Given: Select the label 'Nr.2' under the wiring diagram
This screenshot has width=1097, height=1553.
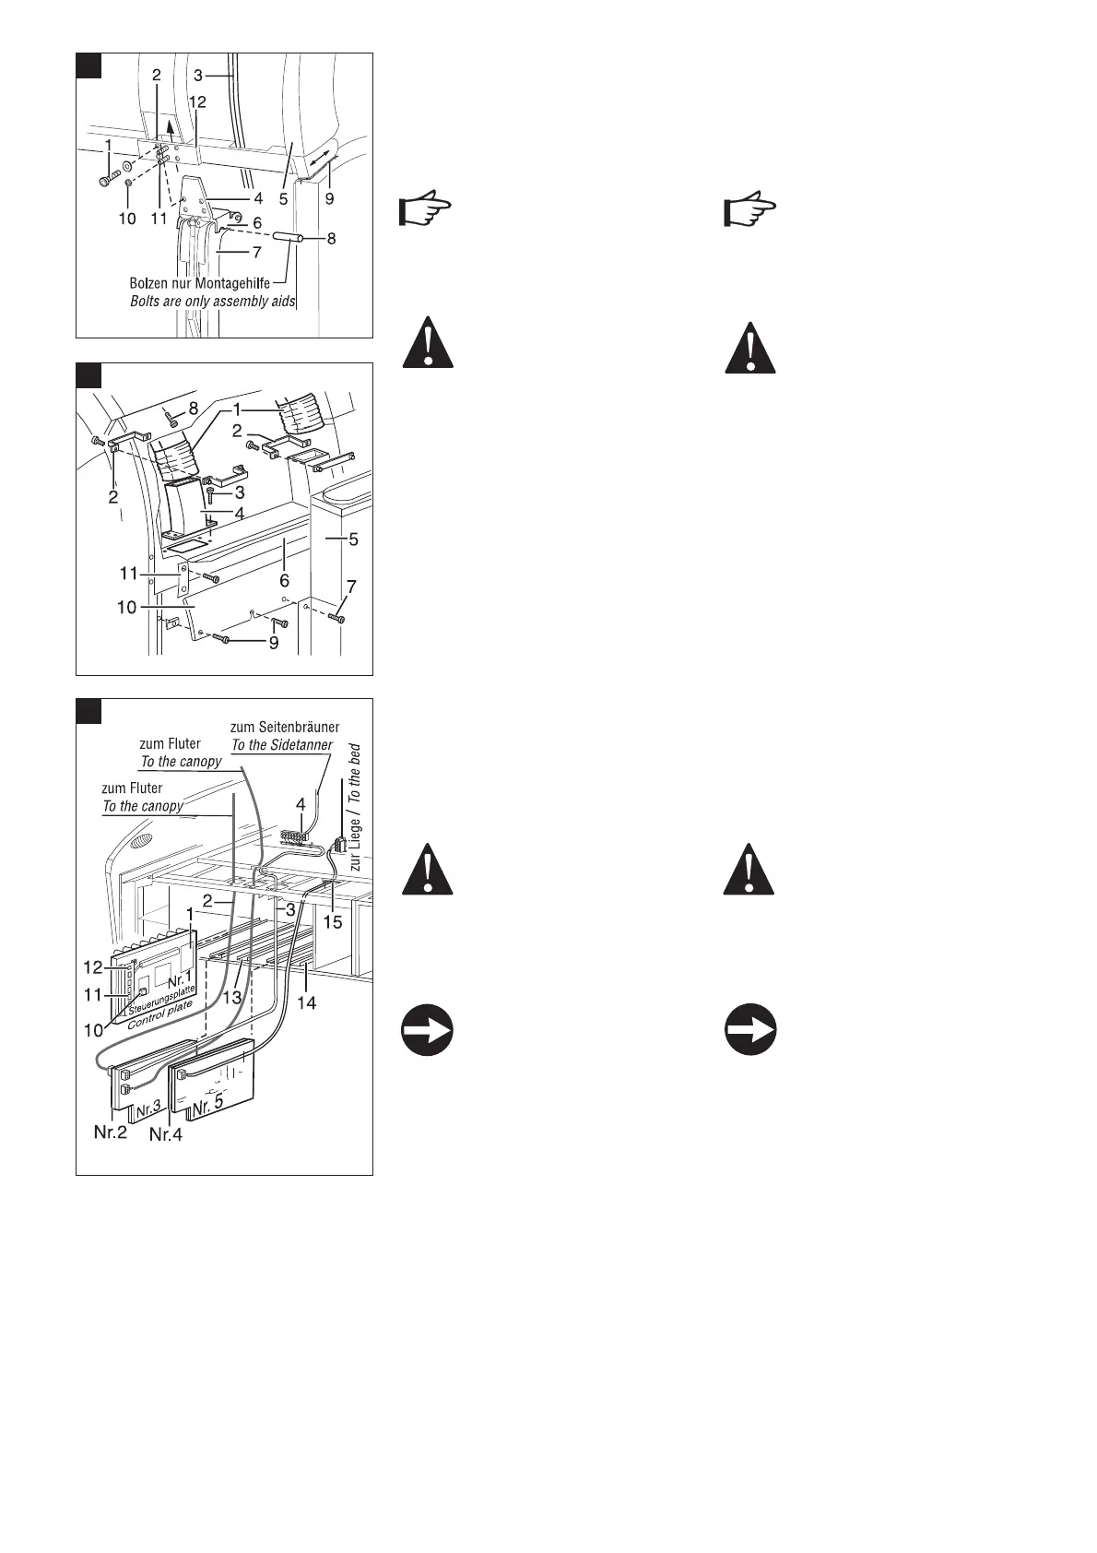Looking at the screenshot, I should click(111, 1132).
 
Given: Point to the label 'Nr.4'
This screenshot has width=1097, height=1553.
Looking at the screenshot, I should click(166, 1134).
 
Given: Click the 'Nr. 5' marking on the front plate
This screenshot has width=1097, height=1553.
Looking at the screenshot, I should click(208, 1102).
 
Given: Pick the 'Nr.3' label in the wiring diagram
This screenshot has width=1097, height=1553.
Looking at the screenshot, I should click(148, 1112).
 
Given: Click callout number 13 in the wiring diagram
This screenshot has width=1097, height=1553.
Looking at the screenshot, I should click(231, 997).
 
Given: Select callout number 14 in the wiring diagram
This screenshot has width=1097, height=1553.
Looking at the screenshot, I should click(306, 1002).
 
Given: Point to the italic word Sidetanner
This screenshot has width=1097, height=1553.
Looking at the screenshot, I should click(298, 744).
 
